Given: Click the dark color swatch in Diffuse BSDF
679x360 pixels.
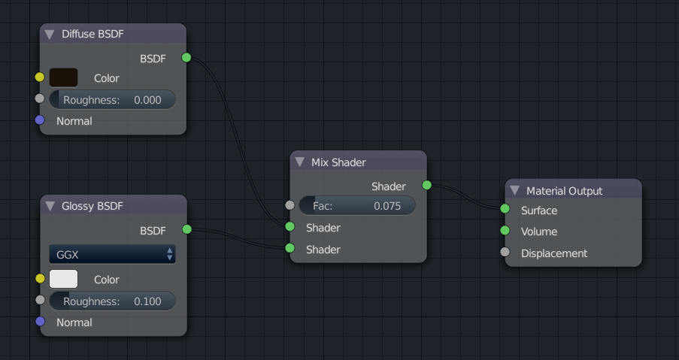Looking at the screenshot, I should point(63,77).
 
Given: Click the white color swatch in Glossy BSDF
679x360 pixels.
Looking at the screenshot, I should point(63,279).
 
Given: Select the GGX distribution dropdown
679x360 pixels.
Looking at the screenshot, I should point(112,255).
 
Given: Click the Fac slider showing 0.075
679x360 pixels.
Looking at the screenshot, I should point(357,205).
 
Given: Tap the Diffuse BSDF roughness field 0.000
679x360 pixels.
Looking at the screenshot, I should point(112,100).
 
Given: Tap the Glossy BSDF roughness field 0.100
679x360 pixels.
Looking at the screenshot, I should point(112,301).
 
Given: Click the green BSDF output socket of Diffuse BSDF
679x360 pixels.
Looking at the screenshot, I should point(186,57).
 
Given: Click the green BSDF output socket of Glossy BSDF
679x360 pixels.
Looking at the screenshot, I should point(186,228).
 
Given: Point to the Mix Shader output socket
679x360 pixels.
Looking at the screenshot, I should point(426,185).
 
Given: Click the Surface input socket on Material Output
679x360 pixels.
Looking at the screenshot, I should point(505,210).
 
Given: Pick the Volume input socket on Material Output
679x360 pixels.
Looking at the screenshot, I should point(505,231).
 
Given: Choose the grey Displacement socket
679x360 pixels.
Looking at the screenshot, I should point(505,253).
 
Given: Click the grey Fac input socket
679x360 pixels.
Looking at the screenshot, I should point(289,204).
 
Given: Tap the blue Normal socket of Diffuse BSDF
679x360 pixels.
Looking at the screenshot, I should point(40,120).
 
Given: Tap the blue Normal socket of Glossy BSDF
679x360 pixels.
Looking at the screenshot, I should point(40,322).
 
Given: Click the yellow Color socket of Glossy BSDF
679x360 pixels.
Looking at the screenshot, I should point(40,279).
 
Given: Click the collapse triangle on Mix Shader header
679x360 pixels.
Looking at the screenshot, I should point(300,162).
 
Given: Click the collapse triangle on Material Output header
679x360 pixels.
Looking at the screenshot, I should point(514,191).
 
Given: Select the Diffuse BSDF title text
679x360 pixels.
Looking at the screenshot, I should point(92,34).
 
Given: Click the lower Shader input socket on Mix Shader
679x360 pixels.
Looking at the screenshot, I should point(289,249).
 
